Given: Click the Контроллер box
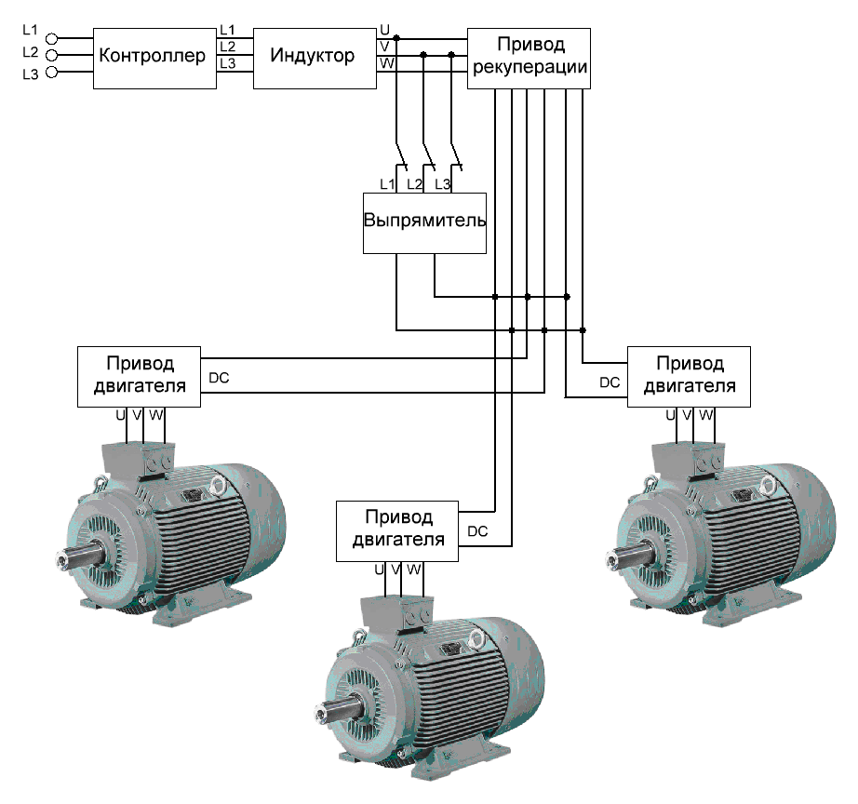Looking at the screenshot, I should coord(154,57).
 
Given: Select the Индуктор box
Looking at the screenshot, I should coord(314,57).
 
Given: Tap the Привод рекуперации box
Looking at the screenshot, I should coord(530,57).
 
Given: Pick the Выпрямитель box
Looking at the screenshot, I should coord(424,222).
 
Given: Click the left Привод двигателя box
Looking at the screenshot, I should coord(139,376).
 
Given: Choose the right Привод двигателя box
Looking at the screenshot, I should coord(690,376).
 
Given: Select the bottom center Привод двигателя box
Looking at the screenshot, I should coord(397,530).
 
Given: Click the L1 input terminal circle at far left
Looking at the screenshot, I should coord(52,38).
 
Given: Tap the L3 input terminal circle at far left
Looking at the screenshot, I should coord(52,72).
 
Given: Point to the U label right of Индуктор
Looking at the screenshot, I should coord(385,30).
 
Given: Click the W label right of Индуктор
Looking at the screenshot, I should coord(386,63).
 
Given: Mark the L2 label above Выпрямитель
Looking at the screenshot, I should coord(415,184).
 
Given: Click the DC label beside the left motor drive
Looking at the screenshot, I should coord(220,378).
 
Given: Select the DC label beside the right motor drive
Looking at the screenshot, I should coord(610,382).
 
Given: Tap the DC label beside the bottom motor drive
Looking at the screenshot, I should coord(477,531).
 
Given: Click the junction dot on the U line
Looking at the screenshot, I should coord(396,38).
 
